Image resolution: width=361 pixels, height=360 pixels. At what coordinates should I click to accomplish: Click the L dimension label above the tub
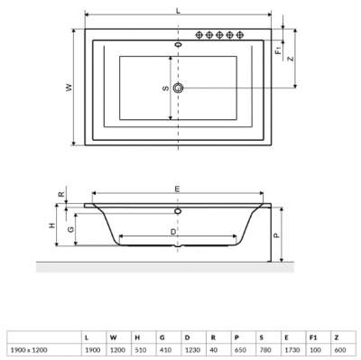178,11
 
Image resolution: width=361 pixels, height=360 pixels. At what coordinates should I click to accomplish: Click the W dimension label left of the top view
69,88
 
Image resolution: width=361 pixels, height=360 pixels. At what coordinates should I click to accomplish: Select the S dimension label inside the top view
166,88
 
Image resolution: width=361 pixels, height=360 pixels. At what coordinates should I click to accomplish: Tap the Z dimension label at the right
291,59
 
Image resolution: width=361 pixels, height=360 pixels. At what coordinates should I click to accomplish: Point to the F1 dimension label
279,51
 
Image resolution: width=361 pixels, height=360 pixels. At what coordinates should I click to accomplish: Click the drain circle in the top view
178,88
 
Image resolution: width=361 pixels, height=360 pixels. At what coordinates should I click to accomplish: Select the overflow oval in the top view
179,45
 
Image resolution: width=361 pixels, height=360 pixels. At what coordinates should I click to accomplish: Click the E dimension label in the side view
178,189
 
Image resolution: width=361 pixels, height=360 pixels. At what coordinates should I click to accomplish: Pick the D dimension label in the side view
173,232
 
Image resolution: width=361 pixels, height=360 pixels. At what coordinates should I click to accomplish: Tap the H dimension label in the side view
52,225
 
